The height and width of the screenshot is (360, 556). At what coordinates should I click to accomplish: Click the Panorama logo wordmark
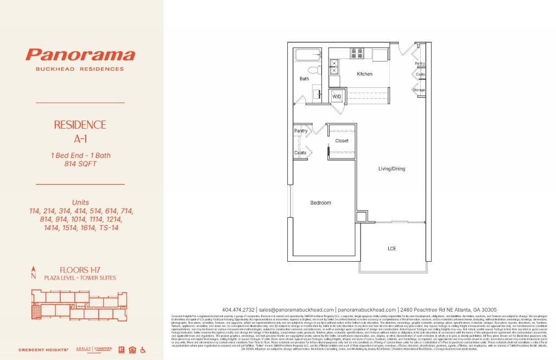[80, 55]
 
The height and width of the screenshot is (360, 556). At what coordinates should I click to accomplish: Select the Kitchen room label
[364, 74]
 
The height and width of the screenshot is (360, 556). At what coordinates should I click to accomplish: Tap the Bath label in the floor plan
[304, 79]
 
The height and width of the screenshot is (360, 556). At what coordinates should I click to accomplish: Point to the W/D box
[337, 96]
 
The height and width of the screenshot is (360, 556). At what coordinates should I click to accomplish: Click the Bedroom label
[320, 203]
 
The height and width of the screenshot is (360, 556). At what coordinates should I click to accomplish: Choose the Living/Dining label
[391, 169]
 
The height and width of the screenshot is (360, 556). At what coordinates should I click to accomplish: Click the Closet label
[342, 141]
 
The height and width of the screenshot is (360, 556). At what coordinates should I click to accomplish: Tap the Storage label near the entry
[419, 90]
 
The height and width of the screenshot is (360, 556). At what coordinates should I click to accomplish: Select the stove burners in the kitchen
[357, 53]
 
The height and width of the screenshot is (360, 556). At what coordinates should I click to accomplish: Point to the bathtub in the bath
[308, 55]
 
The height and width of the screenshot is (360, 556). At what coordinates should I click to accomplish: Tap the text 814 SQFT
[80, 163]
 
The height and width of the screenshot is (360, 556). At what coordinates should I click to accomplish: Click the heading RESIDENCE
[80, 124]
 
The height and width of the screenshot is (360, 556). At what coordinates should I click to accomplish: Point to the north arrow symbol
[34, 272]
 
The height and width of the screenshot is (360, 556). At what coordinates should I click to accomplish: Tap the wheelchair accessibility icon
[143, 349]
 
